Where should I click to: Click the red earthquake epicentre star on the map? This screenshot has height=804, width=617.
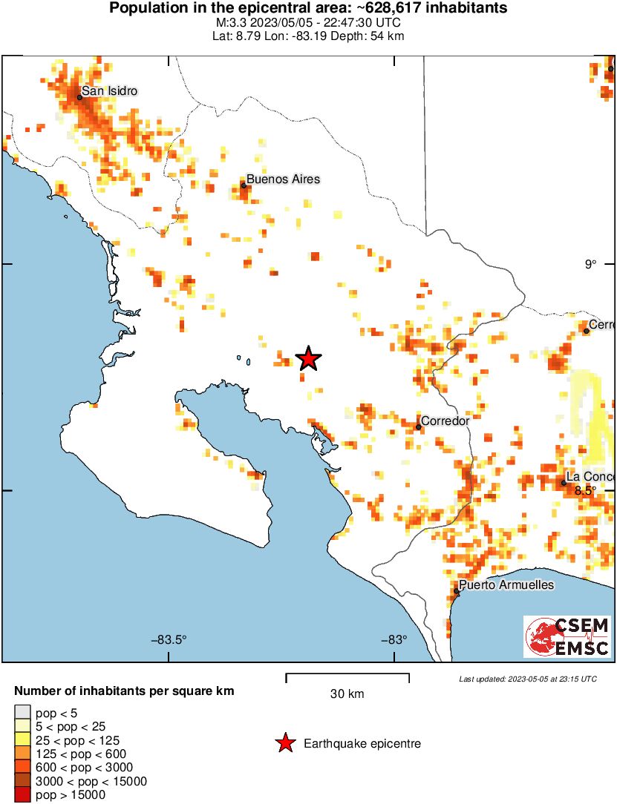point(308,359)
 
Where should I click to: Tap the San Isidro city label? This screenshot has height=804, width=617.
point(109,91)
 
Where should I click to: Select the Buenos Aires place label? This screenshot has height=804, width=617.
point(283,179)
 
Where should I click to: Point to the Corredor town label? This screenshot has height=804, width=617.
point(446,421)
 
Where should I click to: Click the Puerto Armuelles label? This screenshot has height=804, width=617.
point(506,585)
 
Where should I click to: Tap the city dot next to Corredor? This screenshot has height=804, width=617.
point(419,426)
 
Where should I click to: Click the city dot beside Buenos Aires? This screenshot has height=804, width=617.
point(244,185)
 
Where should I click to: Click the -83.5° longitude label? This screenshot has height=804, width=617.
point(169,640)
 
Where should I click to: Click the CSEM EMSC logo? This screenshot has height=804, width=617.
point(568,636)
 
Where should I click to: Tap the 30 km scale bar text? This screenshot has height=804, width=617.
point(347,694)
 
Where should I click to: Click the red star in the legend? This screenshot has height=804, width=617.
point(284,743)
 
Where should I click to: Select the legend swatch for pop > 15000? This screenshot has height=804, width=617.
point(22,795)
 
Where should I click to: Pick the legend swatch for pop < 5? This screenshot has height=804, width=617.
point(22,714)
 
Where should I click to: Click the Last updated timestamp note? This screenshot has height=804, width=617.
point(527,679)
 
